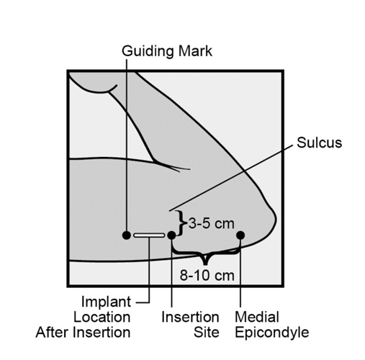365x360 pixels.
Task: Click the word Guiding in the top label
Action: tap(148, 52)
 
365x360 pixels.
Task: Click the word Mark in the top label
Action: tap(195, 51)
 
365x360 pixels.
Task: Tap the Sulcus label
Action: tap(319, 143)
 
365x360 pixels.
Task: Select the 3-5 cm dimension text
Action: tap(211, 223)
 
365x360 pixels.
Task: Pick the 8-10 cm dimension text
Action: tap(207, 275)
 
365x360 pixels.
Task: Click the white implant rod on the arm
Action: tap(149, 235)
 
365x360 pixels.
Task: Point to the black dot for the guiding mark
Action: tap(127, 235)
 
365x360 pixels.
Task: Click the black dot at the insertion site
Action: tap(171, 235)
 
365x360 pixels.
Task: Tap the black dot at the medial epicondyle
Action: tap(240, 235)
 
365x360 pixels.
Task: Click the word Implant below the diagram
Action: tap(106, 302)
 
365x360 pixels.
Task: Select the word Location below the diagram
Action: tap(102, 317)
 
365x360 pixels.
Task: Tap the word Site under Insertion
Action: tap(207, 333)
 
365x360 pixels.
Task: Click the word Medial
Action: tap(257, 317)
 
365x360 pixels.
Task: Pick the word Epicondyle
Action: tap(271, 333)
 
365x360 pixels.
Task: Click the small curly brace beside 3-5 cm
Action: tap(181, 223)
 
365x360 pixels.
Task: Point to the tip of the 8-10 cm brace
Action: tap(205, 265)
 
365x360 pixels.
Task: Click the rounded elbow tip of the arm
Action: tap(276, 218)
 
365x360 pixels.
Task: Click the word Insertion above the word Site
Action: tap(190, 317)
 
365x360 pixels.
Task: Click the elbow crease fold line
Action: tap(171, 166)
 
